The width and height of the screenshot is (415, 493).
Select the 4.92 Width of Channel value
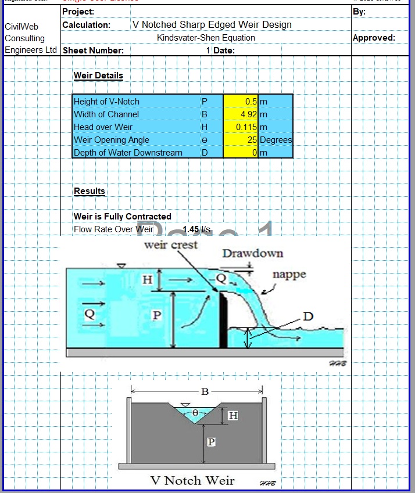pyautogui.click(x=249, y=114)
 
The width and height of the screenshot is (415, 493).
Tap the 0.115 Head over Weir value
pyautogui.click(x=247, y=127)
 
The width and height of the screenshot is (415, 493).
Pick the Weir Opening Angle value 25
pyautogui.click(x=252, y=140)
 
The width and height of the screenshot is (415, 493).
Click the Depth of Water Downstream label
pyautogui.click(x=128, y=153)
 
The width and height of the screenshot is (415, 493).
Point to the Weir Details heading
pyautogui.click(x=98, y=75)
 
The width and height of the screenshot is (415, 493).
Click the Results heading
pyautogui.click(x=90, y=191)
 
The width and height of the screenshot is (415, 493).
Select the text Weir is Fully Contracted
pyautogui.click(x=123, y=217)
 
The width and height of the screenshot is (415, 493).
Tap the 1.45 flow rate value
pyautogui.click(x=191, y=229)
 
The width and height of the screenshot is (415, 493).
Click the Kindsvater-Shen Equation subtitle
pyautogui.click(x=206, y=38)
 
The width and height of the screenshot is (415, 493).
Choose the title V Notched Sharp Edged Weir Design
pyautogui.click(x=212, y=25)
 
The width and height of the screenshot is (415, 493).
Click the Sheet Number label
pyautogui.click(x=93, y=51)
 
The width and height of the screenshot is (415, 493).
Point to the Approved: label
pyautogui.click(x=374, y=38)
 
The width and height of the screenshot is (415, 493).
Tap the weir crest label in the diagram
pyautogui.click(x=171, y=245)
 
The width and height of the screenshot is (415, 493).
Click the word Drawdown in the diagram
pyautogui.click(x=253, y=253)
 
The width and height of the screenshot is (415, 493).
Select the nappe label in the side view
pyautogui.click(x=289, y=275)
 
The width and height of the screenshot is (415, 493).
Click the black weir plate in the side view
pyautogui.click(x=223, y=319)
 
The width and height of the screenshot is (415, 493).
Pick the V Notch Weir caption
pyautogui.click(x=192, y=480)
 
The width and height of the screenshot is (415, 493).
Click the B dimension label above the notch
pyautogui.click(x=205, y=391)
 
